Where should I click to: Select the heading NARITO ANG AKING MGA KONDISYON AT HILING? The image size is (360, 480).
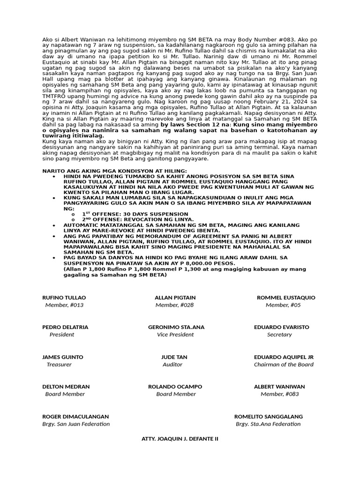(114, 171)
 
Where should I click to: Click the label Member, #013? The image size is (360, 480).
(64, 305)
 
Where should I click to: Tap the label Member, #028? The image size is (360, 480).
(174, 305)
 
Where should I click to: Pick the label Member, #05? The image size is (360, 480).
(283, 305)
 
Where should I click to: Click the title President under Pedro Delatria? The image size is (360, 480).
(62, 335)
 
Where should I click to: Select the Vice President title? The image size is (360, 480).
(175, 335)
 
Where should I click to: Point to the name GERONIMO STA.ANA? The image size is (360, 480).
(176, 327)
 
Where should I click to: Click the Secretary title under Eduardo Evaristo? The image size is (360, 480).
(279, 335)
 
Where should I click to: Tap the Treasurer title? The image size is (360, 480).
(59, 364)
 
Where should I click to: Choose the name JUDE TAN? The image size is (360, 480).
(174, 357)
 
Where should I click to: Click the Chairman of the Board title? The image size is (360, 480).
(284, 364)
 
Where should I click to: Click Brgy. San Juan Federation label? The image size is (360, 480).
(76, 424)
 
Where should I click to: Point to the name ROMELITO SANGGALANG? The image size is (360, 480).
(269, 416)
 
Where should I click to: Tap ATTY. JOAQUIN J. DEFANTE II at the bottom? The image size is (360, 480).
(180, 439)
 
